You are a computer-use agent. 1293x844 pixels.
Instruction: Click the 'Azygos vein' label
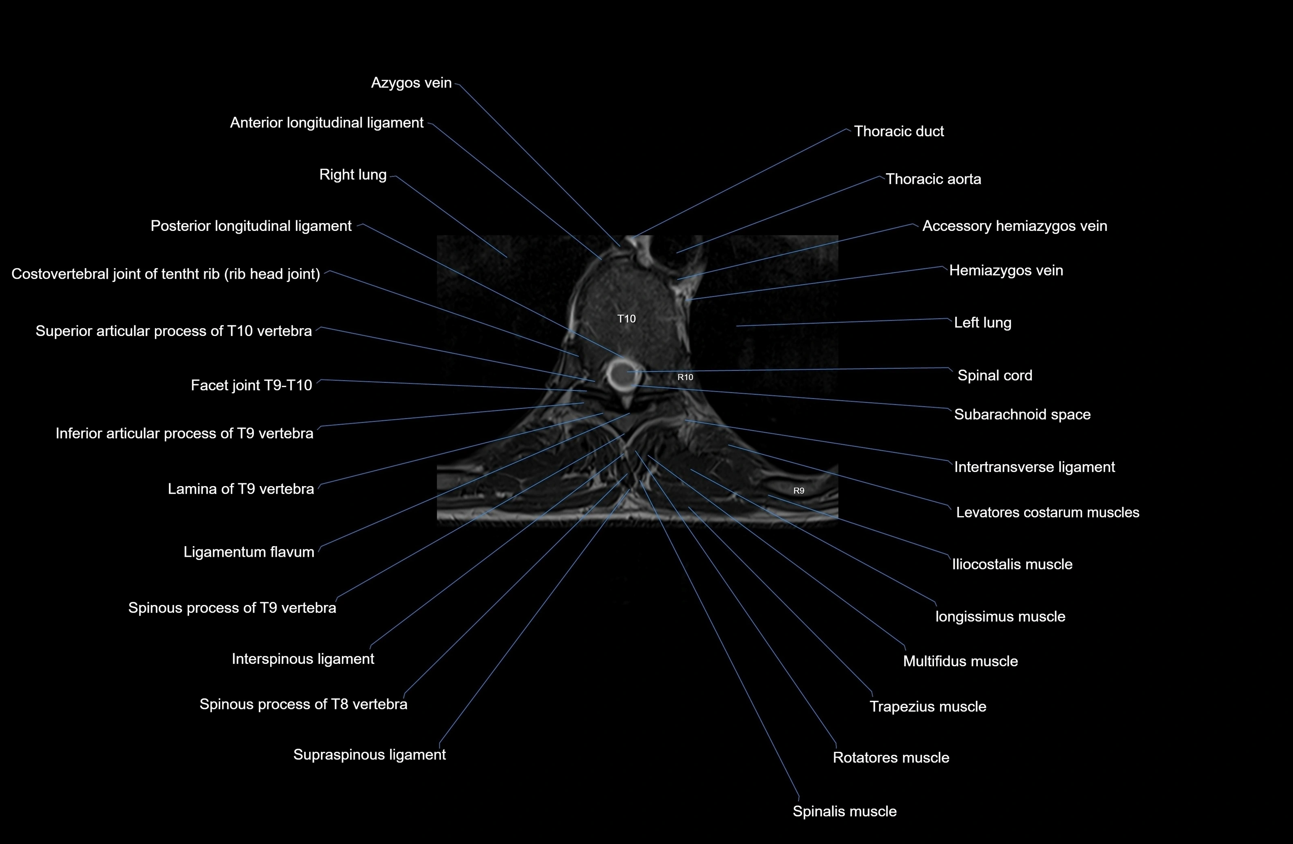pos(411,83)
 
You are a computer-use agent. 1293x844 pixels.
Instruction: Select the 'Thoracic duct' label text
pos(899,131)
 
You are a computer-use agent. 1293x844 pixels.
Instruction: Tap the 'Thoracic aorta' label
pos(933,179)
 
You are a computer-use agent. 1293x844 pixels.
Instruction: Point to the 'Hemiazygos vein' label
pos(1005,271)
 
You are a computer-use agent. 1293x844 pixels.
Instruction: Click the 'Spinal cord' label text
pos(994,375)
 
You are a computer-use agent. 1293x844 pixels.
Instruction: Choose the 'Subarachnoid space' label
pos(1022,415)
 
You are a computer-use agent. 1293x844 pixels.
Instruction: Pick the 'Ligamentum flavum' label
pos(249,552)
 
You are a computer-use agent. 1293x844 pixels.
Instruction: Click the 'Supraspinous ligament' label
pos(369,755)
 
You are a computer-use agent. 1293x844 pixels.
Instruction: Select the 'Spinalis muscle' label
pos(844,812)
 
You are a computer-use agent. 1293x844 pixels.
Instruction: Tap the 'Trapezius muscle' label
pos(928,706)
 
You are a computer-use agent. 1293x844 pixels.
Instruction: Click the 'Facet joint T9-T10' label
pos(251,385)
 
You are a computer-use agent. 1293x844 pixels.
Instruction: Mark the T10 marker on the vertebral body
pos(626,319)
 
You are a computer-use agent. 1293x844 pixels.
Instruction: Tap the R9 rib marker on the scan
pos(799,491)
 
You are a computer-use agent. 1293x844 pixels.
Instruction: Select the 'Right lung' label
pos(352,175)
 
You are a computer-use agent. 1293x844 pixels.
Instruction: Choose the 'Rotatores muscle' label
pos(890,758)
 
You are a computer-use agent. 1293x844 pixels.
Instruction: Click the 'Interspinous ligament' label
pos(303,659)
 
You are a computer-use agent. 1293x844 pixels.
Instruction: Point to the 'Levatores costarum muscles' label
pos(1047,512)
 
